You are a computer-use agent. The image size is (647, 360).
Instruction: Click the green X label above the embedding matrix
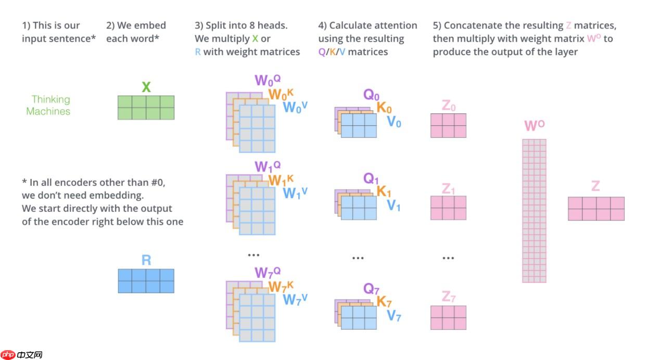[x=146, y=87]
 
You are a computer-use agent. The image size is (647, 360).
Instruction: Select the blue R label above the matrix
[x=146, y=260]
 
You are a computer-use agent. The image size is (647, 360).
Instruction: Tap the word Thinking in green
[x=50, y=99]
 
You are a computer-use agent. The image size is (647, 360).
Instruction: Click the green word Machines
[x=48, y=111]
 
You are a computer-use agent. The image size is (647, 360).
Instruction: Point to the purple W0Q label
[x=268, y=81]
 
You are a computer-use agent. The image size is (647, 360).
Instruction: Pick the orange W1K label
[x=281, y=180]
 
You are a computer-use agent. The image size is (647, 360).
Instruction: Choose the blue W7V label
[x=295, y=299]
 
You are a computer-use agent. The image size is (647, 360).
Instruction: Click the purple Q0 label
[x=372, y=95]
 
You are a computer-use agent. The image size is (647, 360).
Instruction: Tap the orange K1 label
[x=384, y=192]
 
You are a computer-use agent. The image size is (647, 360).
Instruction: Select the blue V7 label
[x=394, y=316]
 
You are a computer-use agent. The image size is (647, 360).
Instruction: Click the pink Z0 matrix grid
[x=448, y=125]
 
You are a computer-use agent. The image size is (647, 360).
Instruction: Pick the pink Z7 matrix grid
[x=448, y=317]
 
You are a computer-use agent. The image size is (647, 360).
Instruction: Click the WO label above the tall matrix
[x=534, y=125]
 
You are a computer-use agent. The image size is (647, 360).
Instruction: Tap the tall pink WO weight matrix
[x=534, y=211]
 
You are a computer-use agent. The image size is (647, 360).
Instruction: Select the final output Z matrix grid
[x=596, y=209]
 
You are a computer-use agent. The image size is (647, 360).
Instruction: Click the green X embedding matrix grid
[x=146, y=108]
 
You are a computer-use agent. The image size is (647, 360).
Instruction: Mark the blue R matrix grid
[x=146, y=281]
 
